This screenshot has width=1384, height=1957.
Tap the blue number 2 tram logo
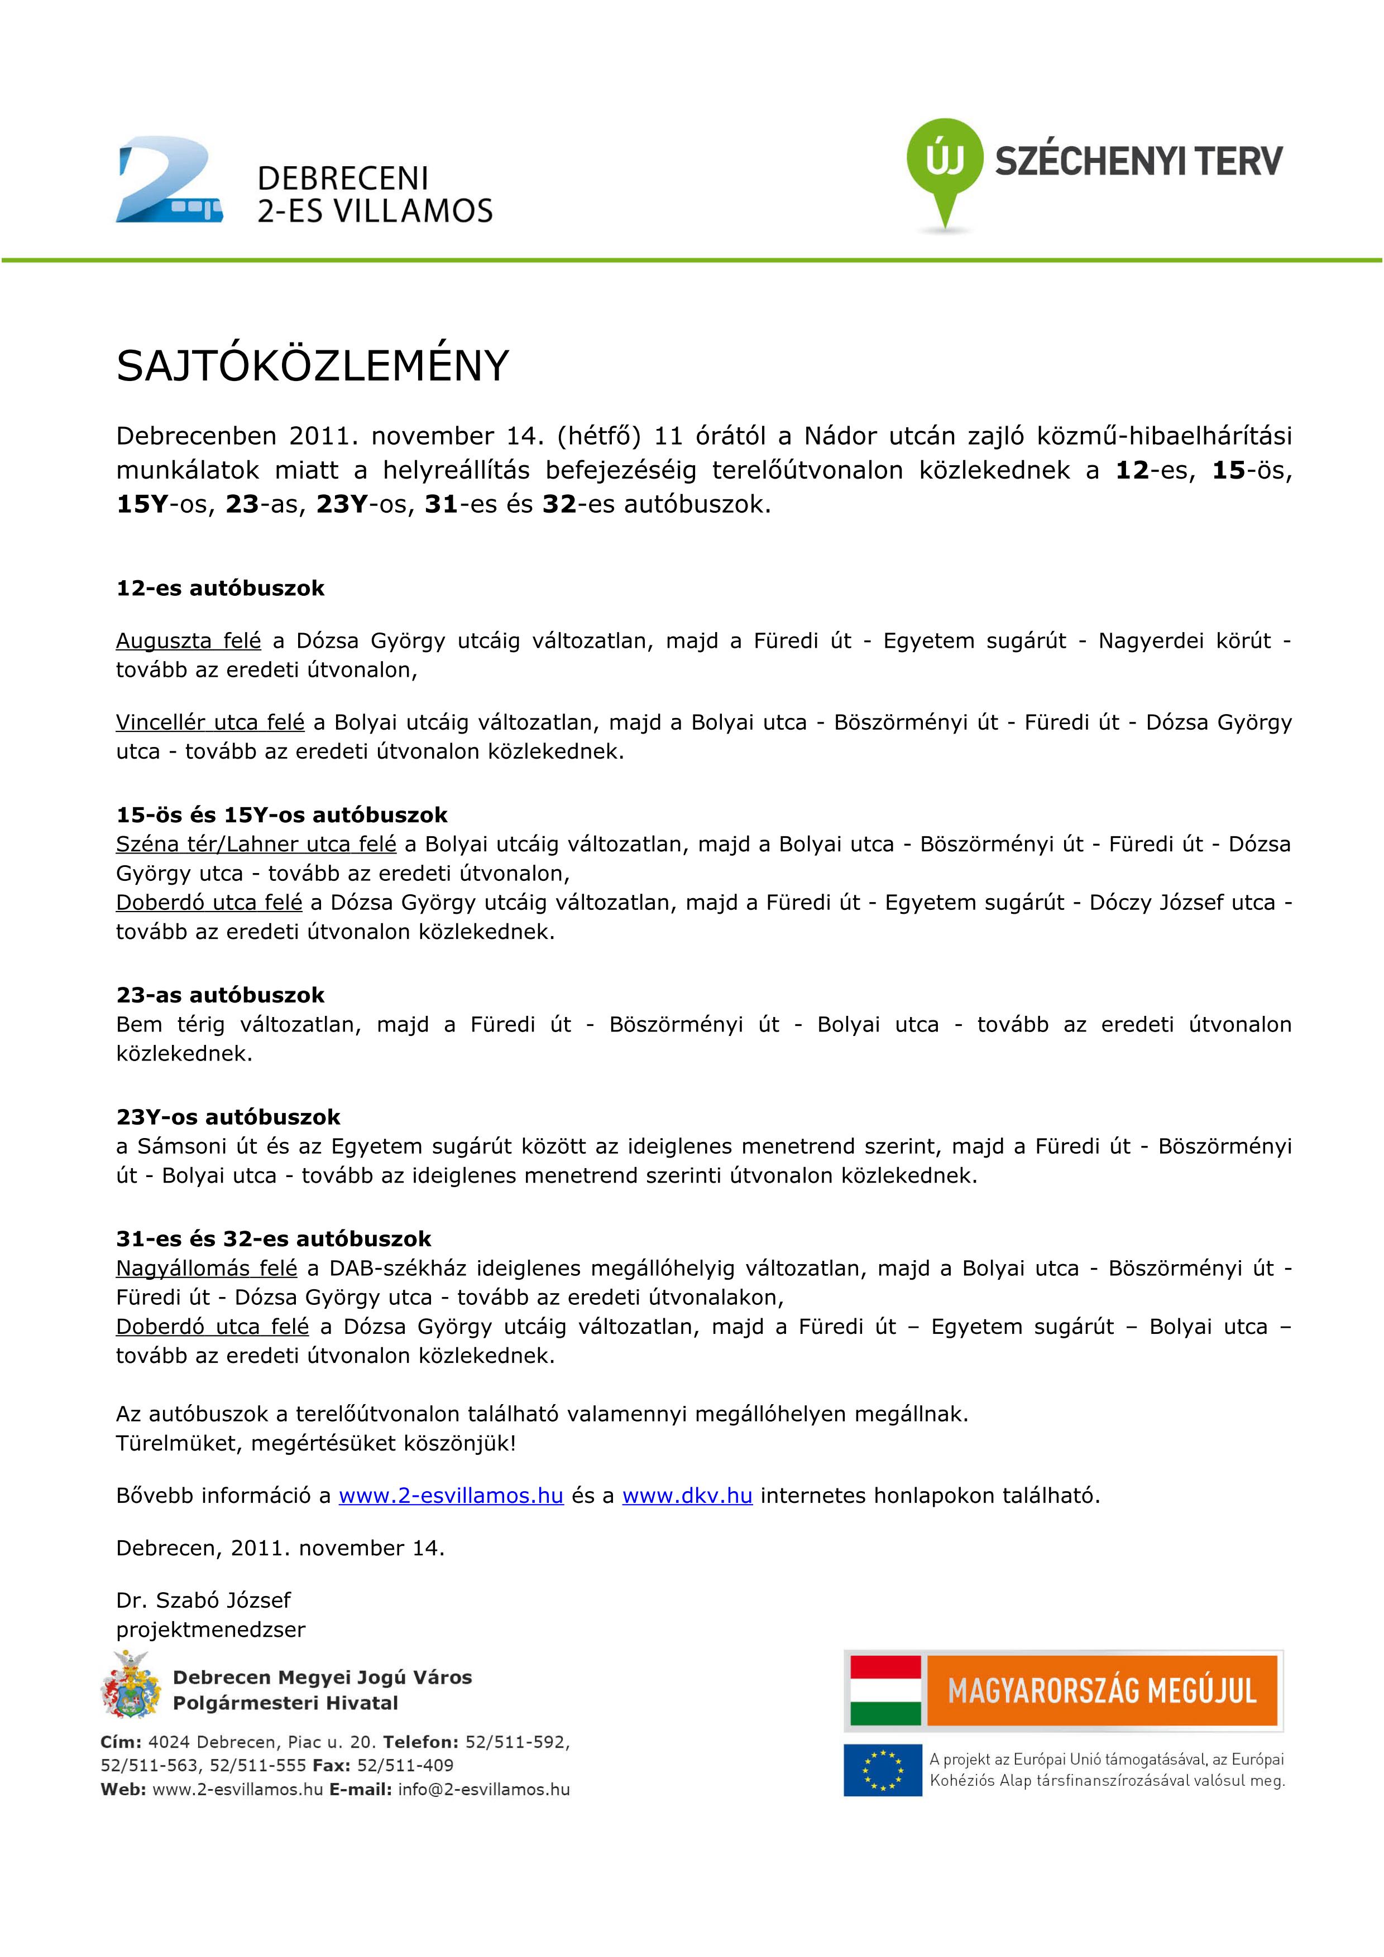click(x=169, y=181)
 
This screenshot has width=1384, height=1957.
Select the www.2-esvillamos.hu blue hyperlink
click(x=451, y=1496)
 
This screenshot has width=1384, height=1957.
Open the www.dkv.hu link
click(x=687, y=1496)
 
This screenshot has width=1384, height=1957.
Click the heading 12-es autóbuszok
click(x=220, y=588)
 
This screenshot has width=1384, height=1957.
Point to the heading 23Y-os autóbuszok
click(x=228, y=1117)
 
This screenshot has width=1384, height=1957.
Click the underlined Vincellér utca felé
click(x=210, y=723)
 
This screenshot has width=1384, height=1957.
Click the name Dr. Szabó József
click(x=203, y=1600)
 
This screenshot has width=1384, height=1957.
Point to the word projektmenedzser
click(x=210, y=1630)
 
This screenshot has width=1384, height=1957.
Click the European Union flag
click(x=883, y=1770)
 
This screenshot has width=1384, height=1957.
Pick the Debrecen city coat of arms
click(x=131, y=1684)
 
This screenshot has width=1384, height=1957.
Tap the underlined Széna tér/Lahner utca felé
click(x=256, y=845)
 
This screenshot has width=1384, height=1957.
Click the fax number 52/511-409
click(x=405, y=1765)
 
